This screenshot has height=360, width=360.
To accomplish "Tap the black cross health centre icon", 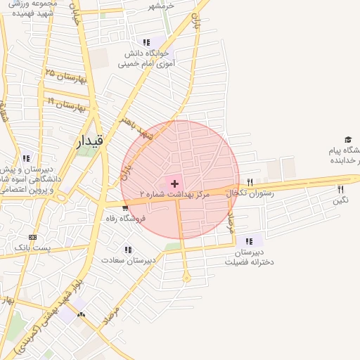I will [174, 183].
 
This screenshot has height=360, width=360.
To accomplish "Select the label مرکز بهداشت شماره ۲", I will [175, 193].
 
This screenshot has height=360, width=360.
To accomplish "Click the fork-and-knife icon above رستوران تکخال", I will [250, 182].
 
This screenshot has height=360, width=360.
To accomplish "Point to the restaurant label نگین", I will [341, 200].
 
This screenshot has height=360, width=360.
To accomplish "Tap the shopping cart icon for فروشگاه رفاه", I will [125, 207].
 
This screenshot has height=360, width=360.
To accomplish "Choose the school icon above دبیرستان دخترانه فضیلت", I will [249, 241].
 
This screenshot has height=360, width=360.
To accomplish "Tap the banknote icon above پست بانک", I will [32, 237].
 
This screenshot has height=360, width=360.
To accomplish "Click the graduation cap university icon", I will [347, 140].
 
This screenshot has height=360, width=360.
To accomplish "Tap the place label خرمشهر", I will [161, 6].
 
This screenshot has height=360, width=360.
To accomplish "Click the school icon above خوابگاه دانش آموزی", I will [146, 42].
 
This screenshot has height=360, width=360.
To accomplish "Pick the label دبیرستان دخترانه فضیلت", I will [249, 257].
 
